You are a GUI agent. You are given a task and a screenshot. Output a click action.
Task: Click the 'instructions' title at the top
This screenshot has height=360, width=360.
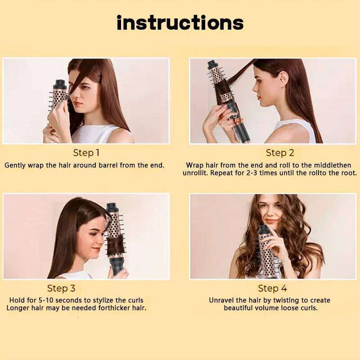coord(180,23)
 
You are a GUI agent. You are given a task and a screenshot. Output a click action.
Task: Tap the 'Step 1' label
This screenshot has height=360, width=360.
coord(86,153)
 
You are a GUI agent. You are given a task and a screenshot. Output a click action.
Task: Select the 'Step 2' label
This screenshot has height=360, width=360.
coord(280,153)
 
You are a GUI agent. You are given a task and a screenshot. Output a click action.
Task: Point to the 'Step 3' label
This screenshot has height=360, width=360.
coord(61,288)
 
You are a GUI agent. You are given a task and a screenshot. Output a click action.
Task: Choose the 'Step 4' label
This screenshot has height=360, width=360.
coord(272,288)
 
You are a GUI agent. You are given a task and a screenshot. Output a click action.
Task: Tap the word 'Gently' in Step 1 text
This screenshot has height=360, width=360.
coord(15,165)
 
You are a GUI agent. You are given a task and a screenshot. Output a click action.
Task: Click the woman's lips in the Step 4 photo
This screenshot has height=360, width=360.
coord(271,221)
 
